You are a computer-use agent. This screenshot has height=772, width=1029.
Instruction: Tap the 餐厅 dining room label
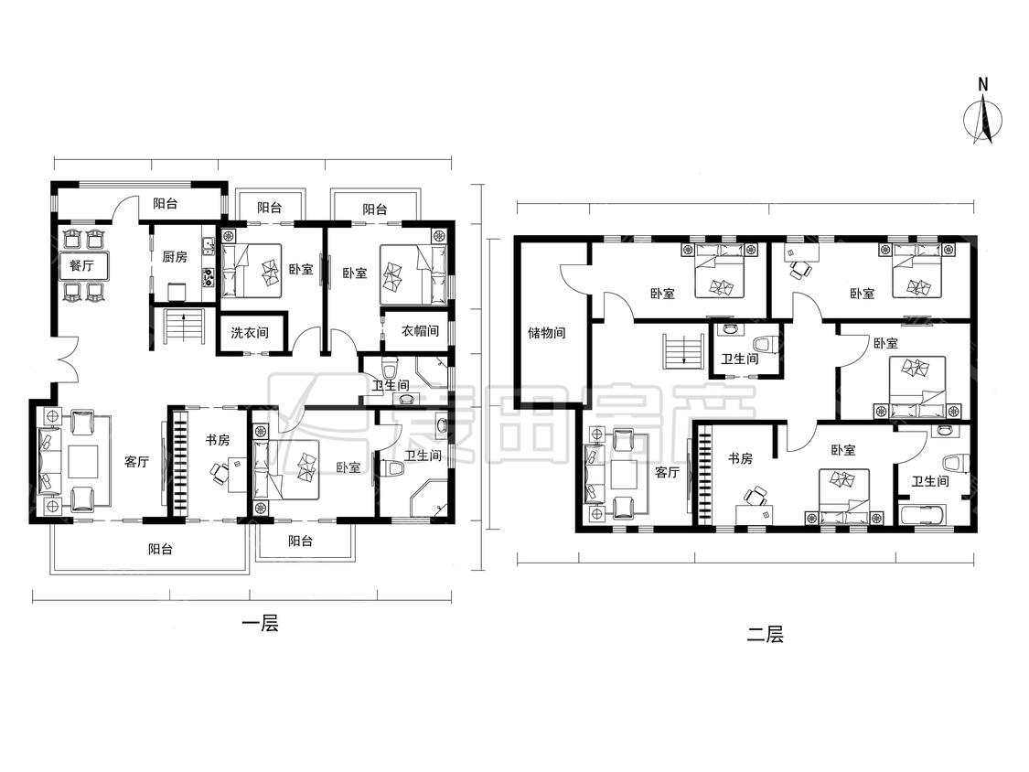[x=81, y=266]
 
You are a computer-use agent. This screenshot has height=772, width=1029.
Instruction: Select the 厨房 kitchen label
[x=175, y=257]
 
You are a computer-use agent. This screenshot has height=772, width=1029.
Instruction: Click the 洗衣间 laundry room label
[x=250, y=333]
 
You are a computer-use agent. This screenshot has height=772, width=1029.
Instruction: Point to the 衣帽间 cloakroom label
[x=420, y=331]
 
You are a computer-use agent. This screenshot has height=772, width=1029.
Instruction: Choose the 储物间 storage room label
[x=547, y=333]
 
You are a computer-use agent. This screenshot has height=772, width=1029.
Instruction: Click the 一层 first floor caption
[x=261, y=623]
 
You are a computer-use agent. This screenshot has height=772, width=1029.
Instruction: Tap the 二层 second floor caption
[x=766, y=635]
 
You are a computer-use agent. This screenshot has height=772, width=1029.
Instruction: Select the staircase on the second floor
[x=683, y=351]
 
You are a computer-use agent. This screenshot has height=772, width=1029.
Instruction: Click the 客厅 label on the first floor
[x=136, y=462]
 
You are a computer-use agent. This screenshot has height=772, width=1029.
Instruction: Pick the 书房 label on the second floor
[x=740, y=459]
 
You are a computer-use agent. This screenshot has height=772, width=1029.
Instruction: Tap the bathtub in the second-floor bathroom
[x=923, y=515]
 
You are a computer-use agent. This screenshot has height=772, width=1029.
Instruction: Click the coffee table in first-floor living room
[x=82, y=462]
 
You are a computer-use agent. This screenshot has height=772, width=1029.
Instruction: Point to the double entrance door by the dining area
[x=67, y=359]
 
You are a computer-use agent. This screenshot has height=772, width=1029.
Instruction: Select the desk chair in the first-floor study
[x=220, y=471]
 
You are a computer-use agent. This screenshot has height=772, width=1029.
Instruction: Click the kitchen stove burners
[x=209, y=278]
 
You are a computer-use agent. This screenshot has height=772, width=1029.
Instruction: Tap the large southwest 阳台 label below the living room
[x=160, y=549]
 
